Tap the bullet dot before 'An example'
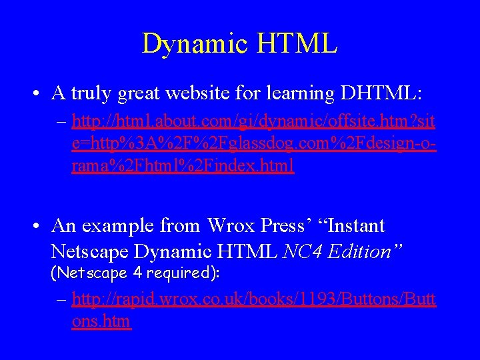[39, 226]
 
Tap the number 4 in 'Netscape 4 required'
[137, 273]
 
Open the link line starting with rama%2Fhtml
[183, 166]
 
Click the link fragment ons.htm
[101, 322]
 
